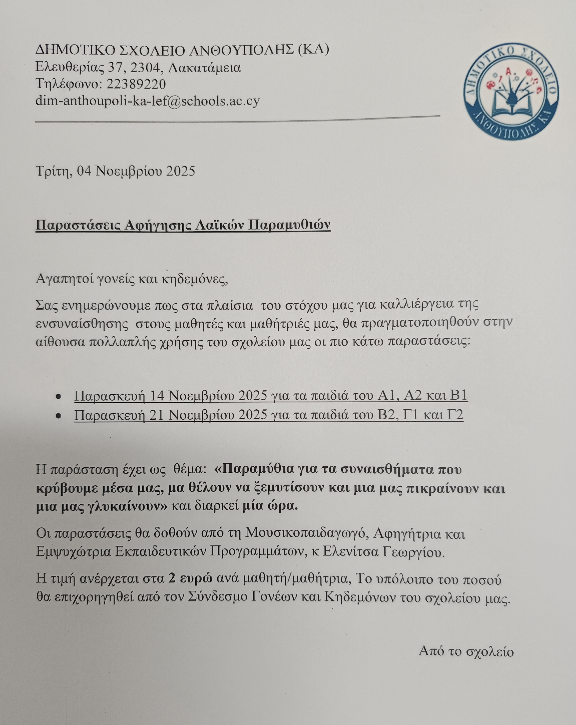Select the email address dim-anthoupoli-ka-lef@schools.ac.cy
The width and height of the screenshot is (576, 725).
pos(148,101)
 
